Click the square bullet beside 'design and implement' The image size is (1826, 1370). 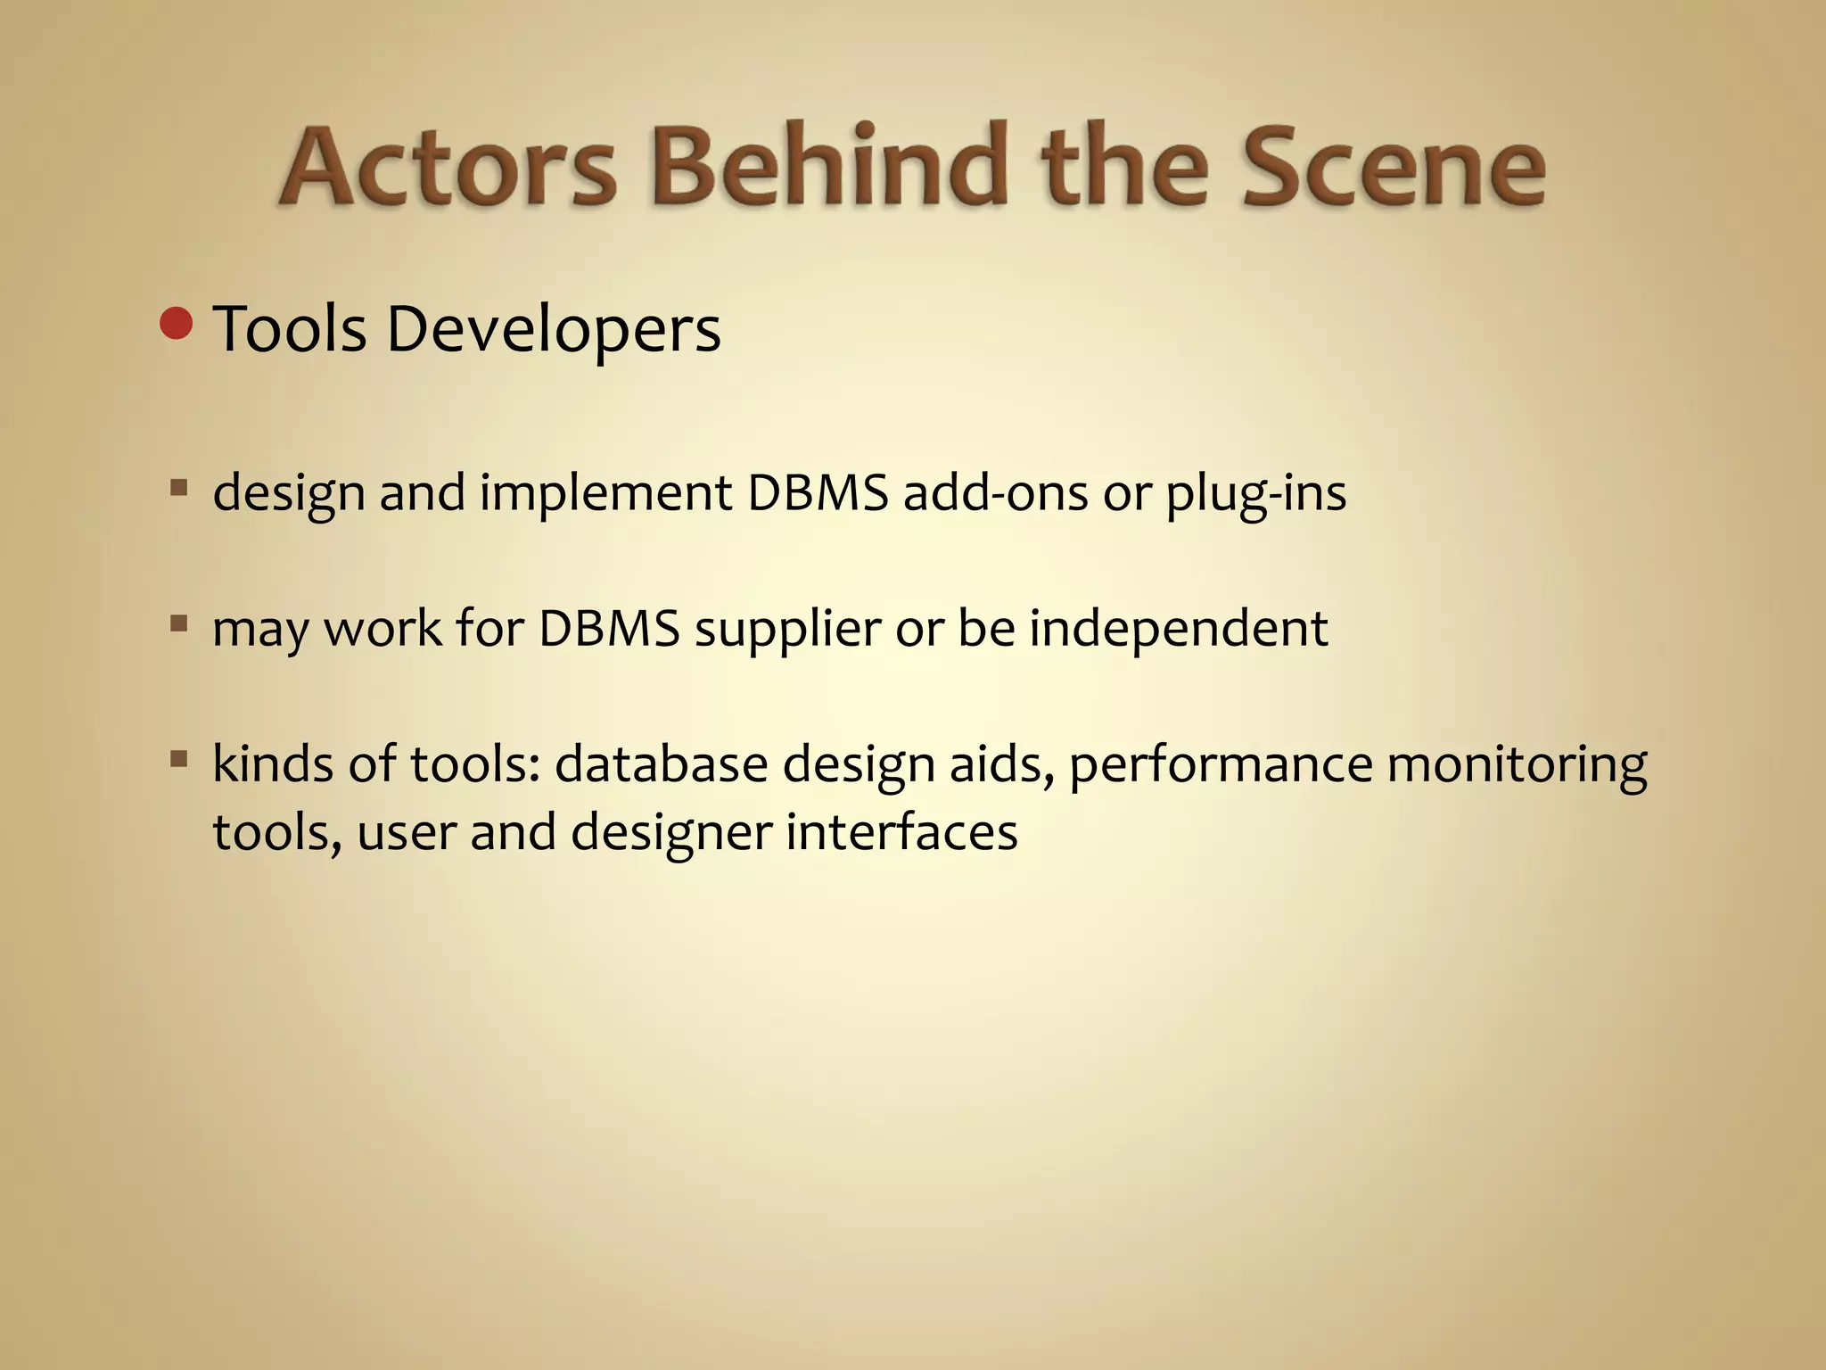pyautogui.click(x=179, y=488)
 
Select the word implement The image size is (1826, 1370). pyautogui.click(x=605, y=492)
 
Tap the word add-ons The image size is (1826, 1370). pyautogui.click(x=995, y=492)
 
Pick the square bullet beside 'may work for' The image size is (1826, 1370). pyautogui.click(x=179, y=623)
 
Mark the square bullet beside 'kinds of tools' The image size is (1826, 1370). pyautogui.click(x=179, y=759)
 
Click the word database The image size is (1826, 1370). pyautogui.click(x=661, y=764)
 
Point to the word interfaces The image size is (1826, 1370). pyautogui.click(x=901, y=832)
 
